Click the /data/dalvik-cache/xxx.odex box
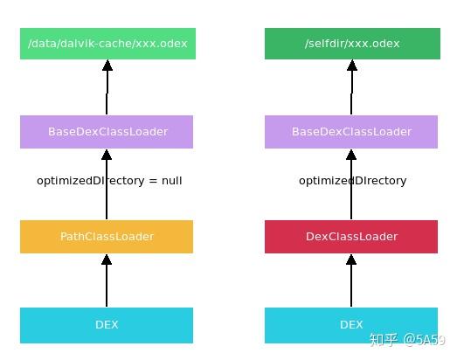click(107, 43)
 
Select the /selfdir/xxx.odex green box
click(352, 43)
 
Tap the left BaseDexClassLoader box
click(107, 132)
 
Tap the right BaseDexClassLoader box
click(351, 132)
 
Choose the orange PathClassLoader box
click(107, 237)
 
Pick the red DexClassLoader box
click(351, 237)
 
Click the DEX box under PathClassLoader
click(107, 325)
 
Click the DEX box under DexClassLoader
click(351, 325)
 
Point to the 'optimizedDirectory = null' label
click(109, 181)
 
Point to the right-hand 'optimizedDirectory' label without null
click(352, 181)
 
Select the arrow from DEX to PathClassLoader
click(107, 281)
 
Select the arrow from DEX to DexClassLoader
click(351, 281)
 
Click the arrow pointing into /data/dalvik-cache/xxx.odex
click(107, 87)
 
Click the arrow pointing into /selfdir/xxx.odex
click(352, 87)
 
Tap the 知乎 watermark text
click(385, 340)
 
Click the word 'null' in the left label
click(171, 181)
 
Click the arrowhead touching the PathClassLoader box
click(107, 260)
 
